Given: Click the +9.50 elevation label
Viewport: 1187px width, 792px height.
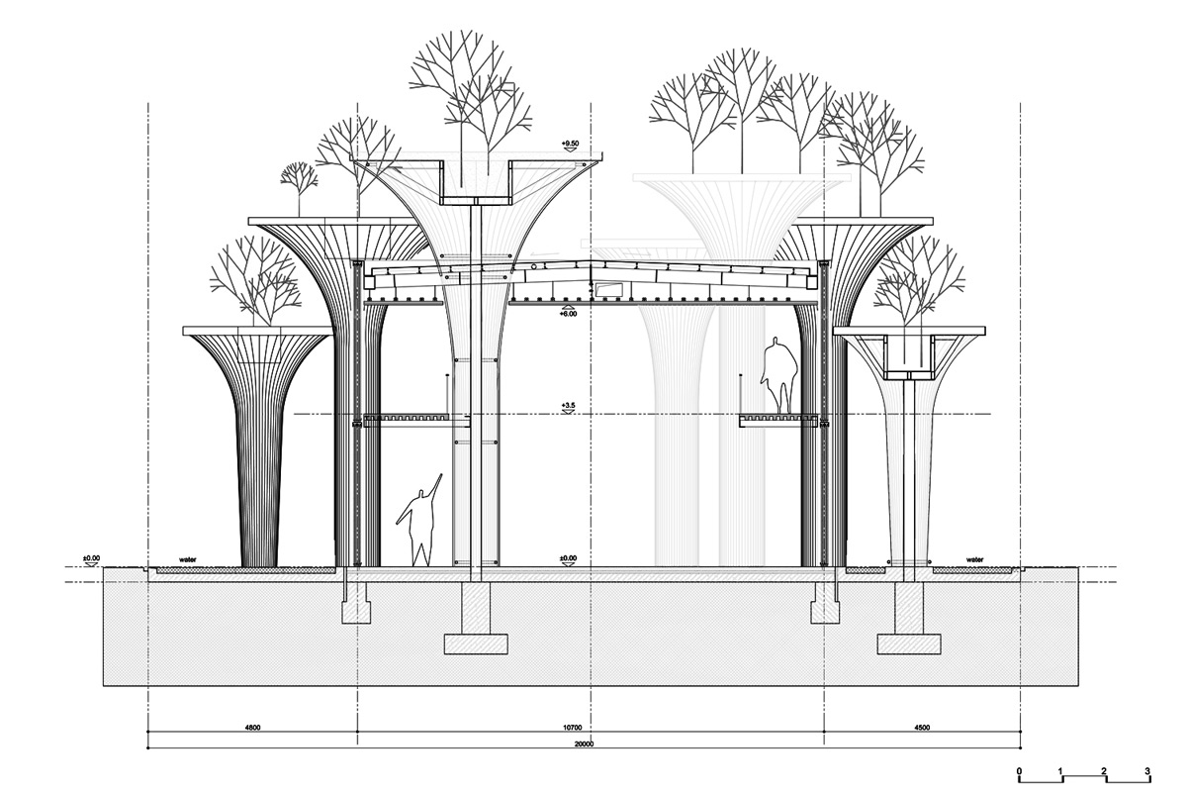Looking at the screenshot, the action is point(570,144).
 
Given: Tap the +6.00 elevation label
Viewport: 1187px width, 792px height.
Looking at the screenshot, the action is point(568,314).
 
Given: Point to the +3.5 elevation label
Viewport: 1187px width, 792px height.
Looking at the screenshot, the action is point(568,406).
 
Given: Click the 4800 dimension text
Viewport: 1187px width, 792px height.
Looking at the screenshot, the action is point(252,728).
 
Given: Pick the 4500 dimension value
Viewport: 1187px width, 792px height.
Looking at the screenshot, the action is point(922,728).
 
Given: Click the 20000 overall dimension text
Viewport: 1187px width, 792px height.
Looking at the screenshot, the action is point(584,744).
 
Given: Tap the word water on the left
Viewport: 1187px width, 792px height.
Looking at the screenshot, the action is point(188,559).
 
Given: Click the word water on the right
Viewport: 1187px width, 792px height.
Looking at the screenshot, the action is point(974,559).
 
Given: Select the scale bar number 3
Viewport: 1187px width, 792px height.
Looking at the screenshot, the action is point(1146,771).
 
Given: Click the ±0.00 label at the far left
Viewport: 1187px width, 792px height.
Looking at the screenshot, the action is point(91,558).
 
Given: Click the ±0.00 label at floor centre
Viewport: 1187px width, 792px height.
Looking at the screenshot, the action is point(568,558).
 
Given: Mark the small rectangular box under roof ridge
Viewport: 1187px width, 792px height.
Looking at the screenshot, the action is point(610,290).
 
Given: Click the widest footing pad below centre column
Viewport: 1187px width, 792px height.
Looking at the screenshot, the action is point(476,644).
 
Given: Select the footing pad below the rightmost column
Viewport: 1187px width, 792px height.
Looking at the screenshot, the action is point(909,644).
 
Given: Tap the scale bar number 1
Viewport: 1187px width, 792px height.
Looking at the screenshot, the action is point(1060,771).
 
